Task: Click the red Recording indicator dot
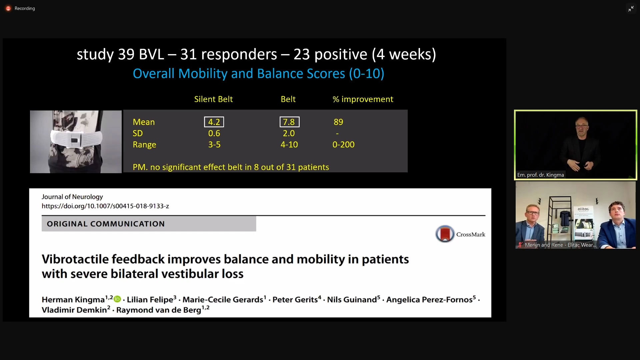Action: click(8, 8)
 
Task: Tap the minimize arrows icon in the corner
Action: click(631, 9)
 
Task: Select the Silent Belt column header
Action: click(213, 99)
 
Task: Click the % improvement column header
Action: click(363, 99)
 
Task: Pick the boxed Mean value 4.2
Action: click(214, 122)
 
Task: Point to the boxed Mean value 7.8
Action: click(289, 122)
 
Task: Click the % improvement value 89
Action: click(338, 122)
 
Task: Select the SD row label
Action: click(138, 133)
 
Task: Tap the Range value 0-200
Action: click(343, 145)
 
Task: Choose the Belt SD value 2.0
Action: click(289, 133)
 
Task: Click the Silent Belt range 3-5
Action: click(214, 145)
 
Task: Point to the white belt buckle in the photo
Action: click(75, 140)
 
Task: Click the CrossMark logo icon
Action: click(445, 234)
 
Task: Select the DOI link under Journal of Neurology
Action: click(105, 206)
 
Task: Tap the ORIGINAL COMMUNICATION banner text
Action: click(106, 224)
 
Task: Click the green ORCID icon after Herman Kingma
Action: click(117, 299)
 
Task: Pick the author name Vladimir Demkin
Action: click(74, 310)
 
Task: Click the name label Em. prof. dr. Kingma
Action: click(540, 175)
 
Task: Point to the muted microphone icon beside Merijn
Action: click(520, 245)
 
